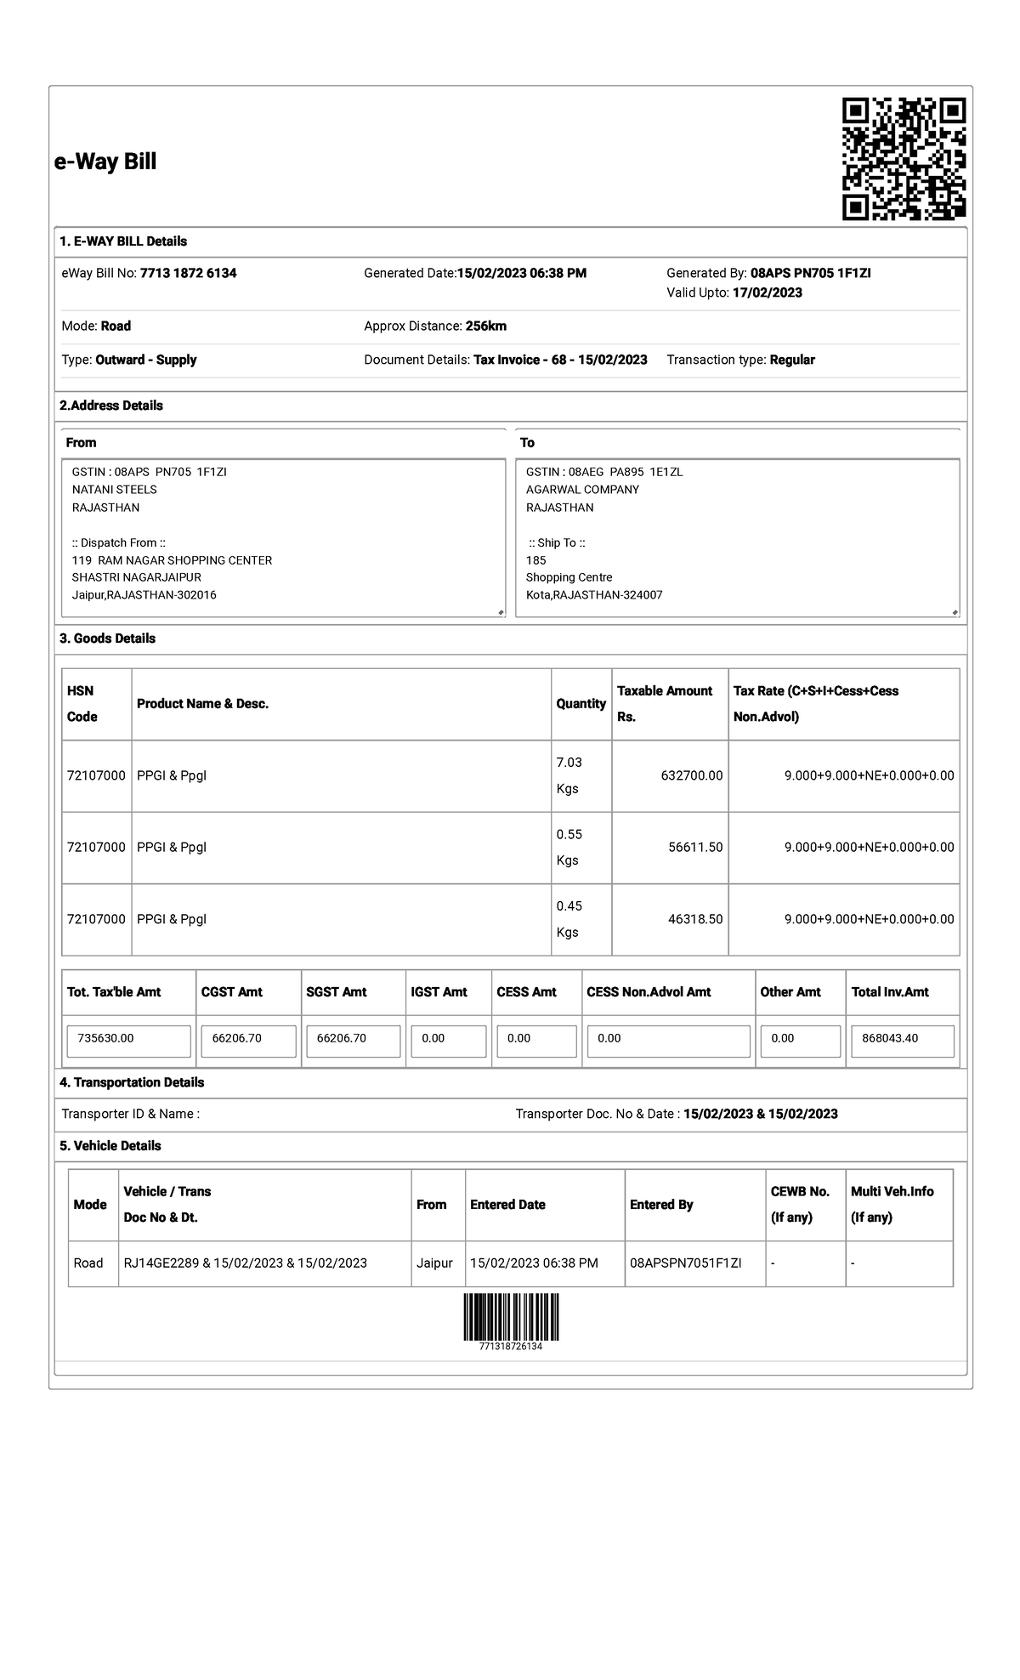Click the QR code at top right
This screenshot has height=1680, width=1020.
click(x=904, y=159)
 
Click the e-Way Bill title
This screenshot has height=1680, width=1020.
click(x=105, y=162)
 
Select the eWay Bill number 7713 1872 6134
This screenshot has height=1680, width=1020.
click(x=188, y=273)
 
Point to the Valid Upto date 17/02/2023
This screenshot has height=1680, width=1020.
click(x=767, y=292)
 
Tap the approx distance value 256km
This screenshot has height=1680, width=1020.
click(x=485, y=326)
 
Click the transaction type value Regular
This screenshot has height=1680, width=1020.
click(x=791, y=360)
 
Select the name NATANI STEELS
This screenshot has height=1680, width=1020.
click(x=114, y=490)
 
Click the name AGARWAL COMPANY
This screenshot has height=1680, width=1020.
click(x=582, y=490)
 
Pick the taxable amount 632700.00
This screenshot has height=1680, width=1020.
click(x=691, y=775)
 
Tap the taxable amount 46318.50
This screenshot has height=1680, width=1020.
click(x=694, y=919)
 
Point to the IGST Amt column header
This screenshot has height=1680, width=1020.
click(x=439, y=992)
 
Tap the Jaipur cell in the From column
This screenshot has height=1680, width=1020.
click(x=434, y=1263)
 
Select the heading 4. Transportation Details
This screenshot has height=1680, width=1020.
click(x=132, y=1082)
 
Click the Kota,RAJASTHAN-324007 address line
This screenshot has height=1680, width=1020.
click(x=593, y=595)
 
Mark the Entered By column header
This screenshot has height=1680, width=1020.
click(x=660, y=1205)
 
